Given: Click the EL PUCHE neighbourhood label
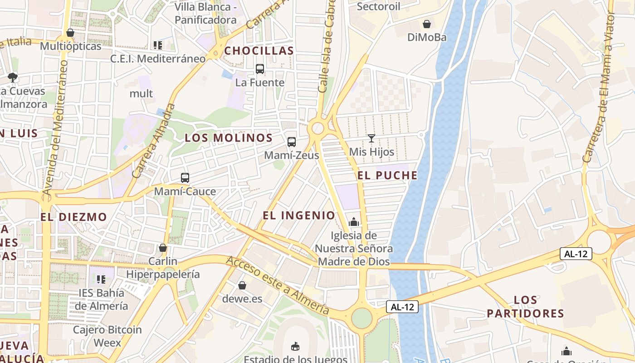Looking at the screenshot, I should pos(387,176).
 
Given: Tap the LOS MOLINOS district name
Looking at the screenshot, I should pos(229,138).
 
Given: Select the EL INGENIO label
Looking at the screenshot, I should pos(299,216).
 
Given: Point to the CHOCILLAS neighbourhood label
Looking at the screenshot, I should pos(259,51).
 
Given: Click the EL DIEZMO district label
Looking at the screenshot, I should pos(73,217).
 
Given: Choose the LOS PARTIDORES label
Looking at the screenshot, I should pos(526,307).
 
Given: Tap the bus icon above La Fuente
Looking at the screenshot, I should pos(260,69).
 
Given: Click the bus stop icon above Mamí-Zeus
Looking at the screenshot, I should pos(292,142).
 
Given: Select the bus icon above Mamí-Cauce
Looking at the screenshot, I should pos(185,178).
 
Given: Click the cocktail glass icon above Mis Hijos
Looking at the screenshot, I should pos(371,138).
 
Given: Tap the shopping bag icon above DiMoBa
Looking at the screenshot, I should pos(427,24).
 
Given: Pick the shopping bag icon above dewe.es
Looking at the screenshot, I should pos(242,285).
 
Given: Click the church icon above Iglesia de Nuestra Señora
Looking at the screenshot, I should pos(354,222).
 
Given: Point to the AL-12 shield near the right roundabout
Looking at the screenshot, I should pos(576,254).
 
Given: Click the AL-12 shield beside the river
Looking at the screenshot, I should pos(402,307).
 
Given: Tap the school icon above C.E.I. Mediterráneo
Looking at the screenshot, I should pos(158,45).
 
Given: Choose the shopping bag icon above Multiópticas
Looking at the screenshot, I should pos(70,33).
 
